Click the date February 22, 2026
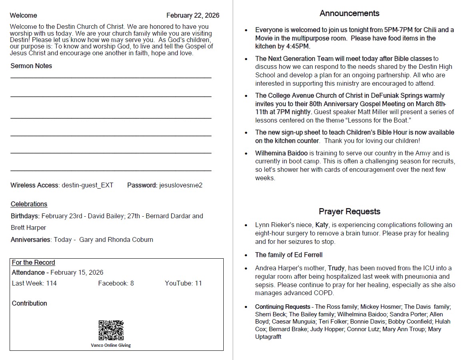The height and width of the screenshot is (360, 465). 193,16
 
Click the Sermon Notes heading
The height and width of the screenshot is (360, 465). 31,66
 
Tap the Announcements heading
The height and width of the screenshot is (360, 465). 349,13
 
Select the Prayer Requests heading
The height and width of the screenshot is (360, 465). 349,211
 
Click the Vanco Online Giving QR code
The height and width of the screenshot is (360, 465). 111,330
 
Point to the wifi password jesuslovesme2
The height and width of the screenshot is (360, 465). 181,185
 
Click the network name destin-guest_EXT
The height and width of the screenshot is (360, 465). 87,185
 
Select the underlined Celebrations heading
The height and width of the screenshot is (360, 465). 29,204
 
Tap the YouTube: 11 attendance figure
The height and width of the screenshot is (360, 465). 183,283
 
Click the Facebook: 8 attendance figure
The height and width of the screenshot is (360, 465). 116,283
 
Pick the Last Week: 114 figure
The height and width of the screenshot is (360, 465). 34,283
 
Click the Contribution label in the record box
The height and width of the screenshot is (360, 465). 30,303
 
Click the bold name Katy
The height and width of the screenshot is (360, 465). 322,225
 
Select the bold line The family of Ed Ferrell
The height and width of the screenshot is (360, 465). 289,255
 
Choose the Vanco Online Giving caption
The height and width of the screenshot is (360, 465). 111,345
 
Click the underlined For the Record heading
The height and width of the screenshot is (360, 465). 34,263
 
